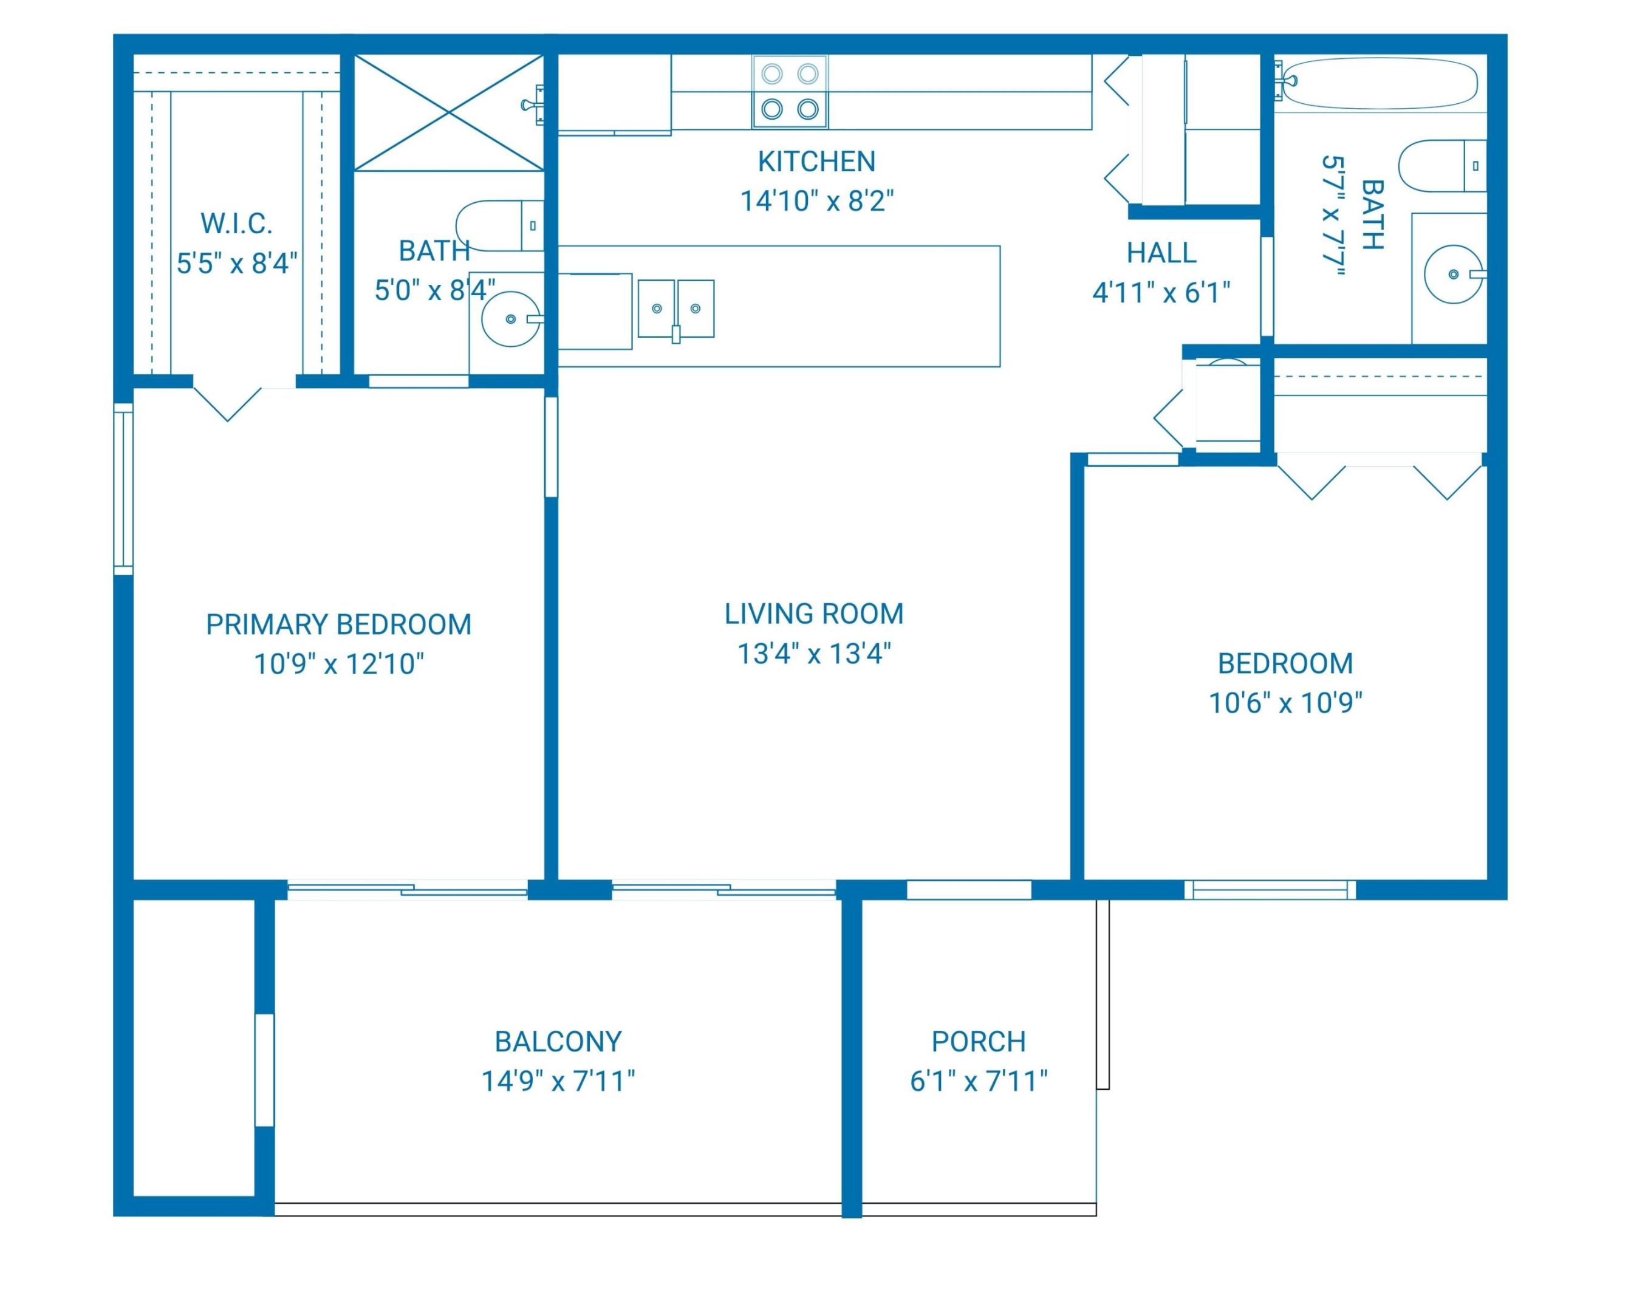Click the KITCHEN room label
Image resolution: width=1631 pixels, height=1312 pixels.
816,161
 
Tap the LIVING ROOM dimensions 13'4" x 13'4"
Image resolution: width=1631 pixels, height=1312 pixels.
814,653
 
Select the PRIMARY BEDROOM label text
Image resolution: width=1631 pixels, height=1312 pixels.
338,624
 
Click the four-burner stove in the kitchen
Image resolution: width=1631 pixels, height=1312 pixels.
789,92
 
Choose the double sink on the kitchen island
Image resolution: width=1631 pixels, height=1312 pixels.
675,309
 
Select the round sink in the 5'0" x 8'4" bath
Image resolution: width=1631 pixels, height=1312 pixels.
511,318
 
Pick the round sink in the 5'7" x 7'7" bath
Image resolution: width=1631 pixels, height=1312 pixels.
1452,274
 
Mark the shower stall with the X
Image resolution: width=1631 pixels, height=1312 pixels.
450,113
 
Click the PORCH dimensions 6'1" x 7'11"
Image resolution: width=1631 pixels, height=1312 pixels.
978,1081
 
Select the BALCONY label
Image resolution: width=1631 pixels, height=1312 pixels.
558,1041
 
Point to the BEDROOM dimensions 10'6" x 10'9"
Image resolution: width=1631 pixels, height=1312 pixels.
1285,703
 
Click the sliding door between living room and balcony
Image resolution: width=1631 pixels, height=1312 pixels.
723,890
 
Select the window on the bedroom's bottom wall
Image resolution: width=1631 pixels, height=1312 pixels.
1270,890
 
